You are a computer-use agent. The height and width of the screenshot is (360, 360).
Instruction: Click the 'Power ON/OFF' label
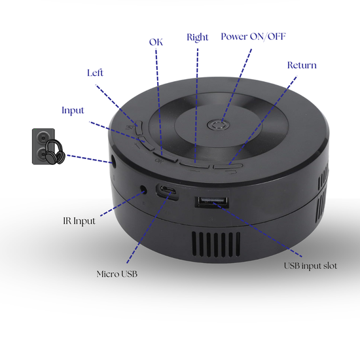coord(253,36)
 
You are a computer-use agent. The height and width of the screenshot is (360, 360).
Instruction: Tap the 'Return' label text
coord(302,65)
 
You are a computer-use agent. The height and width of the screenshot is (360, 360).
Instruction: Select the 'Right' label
coord(198,37)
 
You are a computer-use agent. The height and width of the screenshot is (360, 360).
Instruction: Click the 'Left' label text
coord(95,73)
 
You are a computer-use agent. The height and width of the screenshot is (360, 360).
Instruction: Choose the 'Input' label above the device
coord(73,110)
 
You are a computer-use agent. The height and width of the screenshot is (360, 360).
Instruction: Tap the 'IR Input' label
coord(75,221)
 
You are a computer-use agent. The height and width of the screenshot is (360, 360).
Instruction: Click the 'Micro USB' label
coord(117,273)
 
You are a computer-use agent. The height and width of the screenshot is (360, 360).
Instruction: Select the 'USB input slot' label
coord(310,266)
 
